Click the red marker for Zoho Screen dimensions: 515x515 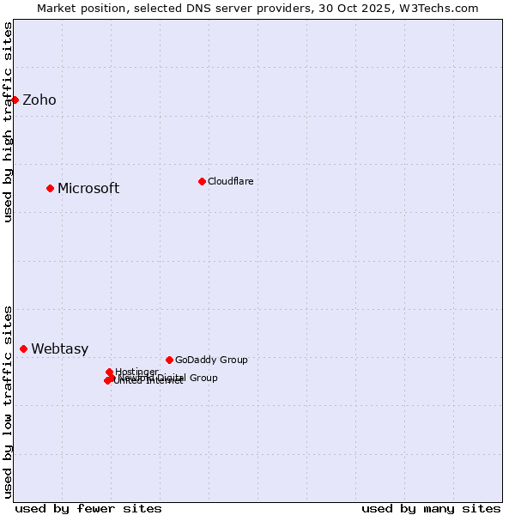[x=15, y=100]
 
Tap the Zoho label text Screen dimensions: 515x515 [x=39, y=100]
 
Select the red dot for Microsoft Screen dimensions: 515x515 [x=50, y=188]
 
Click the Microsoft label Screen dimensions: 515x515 [x=88, y=189]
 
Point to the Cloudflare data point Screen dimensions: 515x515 [x=202, y=181]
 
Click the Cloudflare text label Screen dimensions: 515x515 [x=230, y=181]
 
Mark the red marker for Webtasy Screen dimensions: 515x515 [x=23, y=348]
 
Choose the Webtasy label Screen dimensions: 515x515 [x=60, y=349]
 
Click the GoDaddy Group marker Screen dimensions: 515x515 [x=169, y=360]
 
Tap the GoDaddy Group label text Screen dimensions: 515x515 [x=211, y=360]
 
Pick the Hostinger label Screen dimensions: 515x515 [x=136, y=372]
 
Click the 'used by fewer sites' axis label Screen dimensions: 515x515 [x=88, y=508]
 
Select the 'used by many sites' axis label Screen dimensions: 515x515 [x=431, y=508]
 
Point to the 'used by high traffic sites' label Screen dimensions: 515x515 [x=8, y=122]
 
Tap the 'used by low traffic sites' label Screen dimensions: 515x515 [x=8, y=401]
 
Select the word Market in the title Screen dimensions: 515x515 [x=58, y=8]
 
